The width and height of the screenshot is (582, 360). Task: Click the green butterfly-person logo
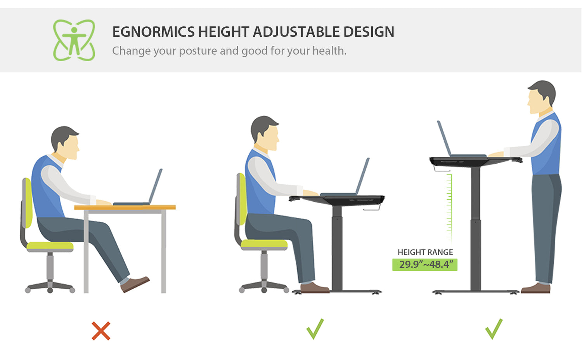[74, 40]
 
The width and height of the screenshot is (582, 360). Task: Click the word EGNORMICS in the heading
[153, 32]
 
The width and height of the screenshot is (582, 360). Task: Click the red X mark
[101, 331]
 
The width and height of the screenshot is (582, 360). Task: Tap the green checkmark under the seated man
[315, 329]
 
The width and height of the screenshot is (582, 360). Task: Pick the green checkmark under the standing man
[494, 329]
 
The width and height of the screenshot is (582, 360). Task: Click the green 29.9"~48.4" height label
[425, 265]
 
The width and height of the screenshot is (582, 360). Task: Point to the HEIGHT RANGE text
[425, 252]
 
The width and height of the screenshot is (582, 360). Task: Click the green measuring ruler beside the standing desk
[449, 208]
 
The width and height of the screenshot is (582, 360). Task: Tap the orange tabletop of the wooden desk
[125, 207]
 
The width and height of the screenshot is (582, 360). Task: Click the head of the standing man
[541, 97]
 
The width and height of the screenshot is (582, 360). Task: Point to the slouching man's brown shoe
[135, 284]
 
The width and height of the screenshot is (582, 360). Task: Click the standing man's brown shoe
[535, 288]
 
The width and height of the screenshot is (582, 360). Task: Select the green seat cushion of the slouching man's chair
[50, 246]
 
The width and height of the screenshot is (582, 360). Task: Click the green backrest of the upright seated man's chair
[242, 199]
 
